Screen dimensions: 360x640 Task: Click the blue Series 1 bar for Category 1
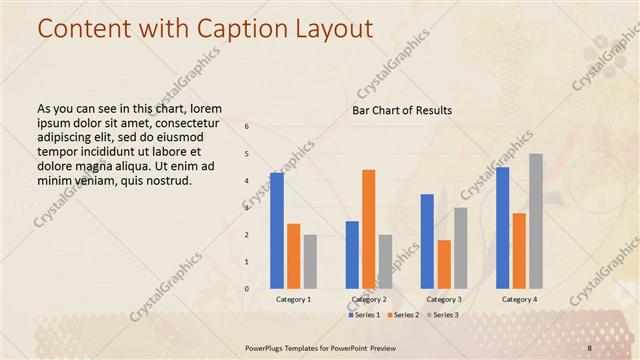[277, 230]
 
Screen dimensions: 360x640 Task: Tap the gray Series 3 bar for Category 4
[536, 221]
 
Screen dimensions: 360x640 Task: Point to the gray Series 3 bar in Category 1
[310, 261]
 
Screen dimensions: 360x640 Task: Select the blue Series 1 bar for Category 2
[352, 254]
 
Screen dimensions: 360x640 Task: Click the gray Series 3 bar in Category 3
[460, 248]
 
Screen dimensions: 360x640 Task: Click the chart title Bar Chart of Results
[402, 110]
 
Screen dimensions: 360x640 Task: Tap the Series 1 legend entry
[363, 315]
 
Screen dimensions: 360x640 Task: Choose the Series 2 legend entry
[402, 315]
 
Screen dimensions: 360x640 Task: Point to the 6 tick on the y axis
[247, 126]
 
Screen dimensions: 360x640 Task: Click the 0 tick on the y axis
[247, 288]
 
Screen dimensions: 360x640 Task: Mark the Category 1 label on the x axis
[293, 299]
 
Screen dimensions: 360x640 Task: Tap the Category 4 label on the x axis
[519, 299]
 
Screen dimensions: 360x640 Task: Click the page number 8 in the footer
[590, 348]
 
